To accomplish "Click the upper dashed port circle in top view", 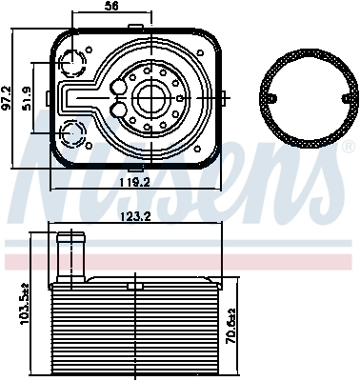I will click(x=72, y=63).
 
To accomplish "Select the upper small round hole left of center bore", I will click(x=119, y=88).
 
